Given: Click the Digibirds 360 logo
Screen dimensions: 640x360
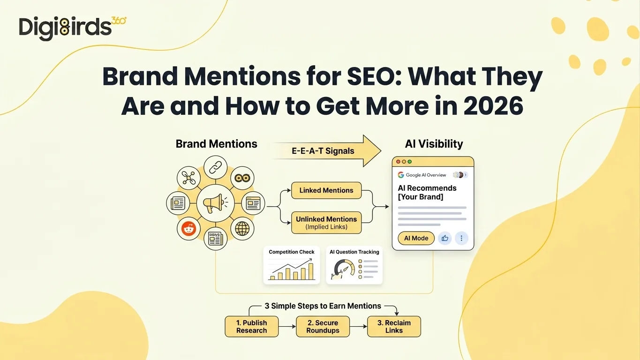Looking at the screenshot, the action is tap(73, 29).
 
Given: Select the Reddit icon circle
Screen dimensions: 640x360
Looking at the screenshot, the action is tap(188, 228).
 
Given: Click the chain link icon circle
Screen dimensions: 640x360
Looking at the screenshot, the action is tap(216, 167).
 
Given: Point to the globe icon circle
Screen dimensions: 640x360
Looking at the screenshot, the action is tap(242, 229).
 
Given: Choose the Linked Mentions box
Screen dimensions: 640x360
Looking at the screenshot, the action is tap(326, 190).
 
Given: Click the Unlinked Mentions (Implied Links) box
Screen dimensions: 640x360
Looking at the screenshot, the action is tap(326, 223).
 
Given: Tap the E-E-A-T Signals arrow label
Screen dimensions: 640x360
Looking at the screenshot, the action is tap(323, 151).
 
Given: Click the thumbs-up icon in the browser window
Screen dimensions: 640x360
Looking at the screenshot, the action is tap(445, 238).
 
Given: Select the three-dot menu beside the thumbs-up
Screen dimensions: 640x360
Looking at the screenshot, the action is tap(461, 238).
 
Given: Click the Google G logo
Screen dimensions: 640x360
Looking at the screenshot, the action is tap(401, 175).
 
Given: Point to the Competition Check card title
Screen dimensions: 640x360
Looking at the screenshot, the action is tap(292, 252).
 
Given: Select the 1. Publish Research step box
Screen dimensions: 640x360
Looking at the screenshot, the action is tap(252, 327).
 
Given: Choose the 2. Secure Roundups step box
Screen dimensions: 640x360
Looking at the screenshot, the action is tap(323, 327).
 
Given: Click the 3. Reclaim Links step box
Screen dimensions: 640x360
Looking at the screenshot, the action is tap(394, 327).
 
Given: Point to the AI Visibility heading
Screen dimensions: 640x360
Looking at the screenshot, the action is tap(434, 144).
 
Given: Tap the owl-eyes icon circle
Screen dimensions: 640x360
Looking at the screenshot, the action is tap(242, 178).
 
